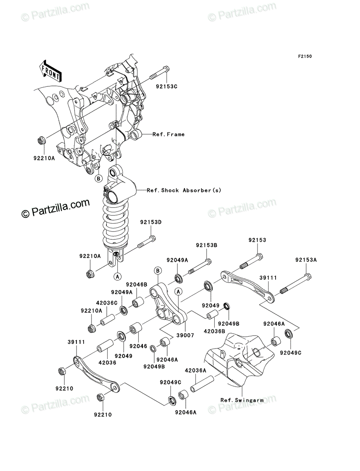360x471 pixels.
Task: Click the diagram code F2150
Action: point(305,57)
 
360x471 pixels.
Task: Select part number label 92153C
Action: point(166,86)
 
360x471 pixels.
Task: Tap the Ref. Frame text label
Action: point(168,134)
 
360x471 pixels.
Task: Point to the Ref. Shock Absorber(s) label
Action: point(184,190)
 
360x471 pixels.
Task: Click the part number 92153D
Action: point(151,222)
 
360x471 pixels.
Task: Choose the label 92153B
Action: point(206,245)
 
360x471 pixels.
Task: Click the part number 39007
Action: point(185,335)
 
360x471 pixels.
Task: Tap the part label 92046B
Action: point(137,285)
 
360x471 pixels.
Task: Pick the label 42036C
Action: point(107,303)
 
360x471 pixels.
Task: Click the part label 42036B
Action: point(214,331)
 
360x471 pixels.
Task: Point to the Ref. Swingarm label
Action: point(242,400)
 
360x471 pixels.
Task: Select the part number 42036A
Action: point(196,371)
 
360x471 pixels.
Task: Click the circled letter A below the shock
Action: point(117,277)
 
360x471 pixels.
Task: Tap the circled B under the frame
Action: point(99,179)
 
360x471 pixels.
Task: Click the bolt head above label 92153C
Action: point(166,69)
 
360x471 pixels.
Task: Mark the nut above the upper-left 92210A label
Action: point(41,141)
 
